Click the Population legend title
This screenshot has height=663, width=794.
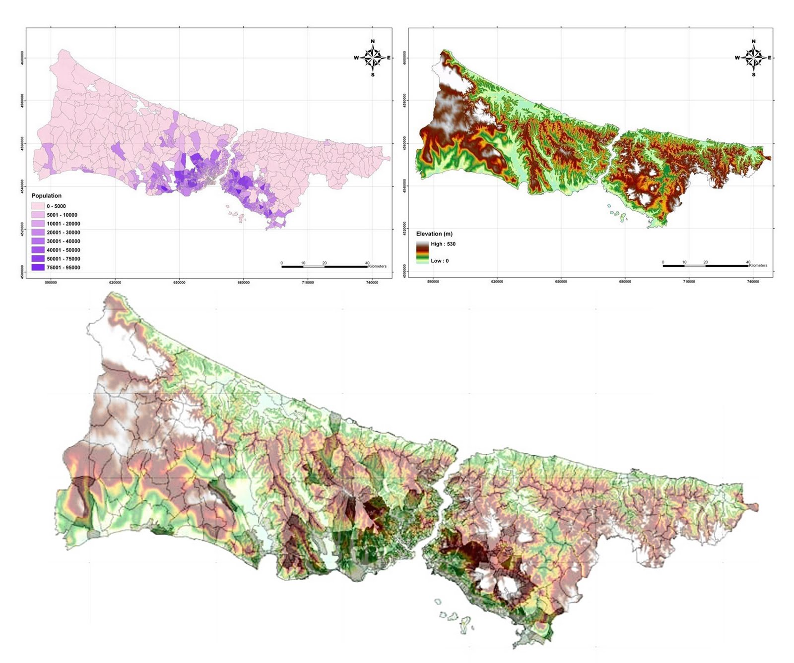tap(47, 196)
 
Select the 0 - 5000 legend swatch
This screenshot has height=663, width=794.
tap(38, 206)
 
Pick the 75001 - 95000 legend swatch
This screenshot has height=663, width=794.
tap(38, 268)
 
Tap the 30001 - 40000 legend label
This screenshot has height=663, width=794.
tap(63, 241)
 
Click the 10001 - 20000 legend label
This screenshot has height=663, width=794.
tap(63, 224)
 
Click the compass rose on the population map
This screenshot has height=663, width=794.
tap(373, 58)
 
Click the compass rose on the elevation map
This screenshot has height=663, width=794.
tap(754, 58)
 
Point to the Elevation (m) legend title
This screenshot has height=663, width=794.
tap(434, 234)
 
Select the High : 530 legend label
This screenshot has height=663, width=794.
tap(443, 244)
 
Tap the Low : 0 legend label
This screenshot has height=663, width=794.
tap(439, 261)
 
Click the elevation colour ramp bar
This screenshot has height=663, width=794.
tap(422, 252)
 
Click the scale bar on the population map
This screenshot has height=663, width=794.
tap(325, 267)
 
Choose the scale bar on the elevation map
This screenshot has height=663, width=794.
tap(705, 266)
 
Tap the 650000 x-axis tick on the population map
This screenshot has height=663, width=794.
tap(179, 283)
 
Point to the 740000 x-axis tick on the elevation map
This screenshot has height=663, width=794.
tap(753, 282)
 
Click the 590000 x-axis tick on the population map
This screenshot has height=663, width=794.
tap(51, 283)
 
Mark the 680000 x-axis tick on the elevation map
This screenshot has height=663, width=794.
tap(625, 282)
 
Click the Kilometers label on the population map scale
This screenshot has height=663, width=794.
tap(377, 266)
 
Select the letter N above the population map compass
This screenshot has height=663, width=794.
tap(373, 42)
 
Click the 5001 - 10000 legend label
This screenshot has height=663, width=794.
tap(62, 215)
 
